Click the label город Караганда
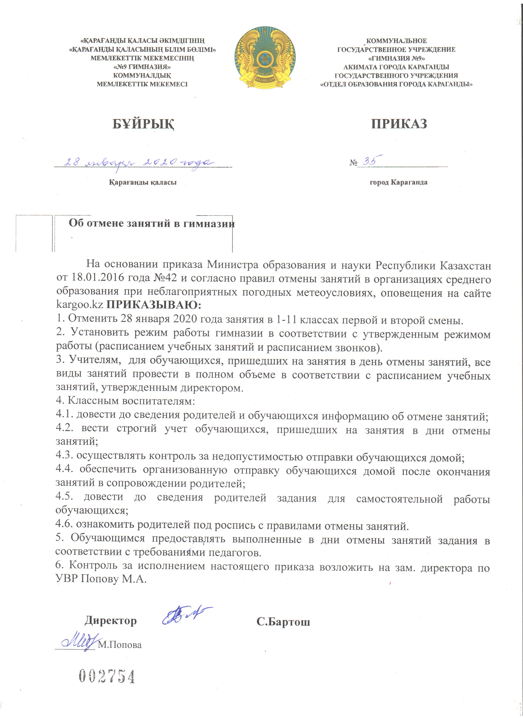point(399,182)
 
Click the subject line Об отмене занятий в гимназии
point(152,224)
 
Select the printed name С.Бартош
point(283,622)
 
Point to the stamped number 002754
point(107,677)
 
